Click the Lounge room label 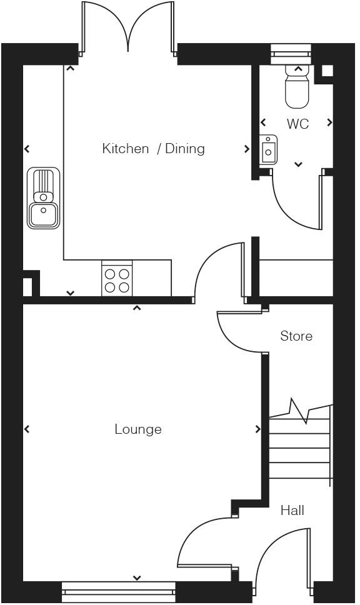coord(137,429)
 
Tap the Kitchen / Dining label coord(153,149)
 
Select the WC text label coord(297,124)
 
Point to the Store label coord(296,336)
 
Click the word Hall coord(292,511)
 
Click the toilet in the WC coord(297,86)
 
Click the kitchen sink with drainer coord(43,198)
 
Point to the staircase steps coord(300,444)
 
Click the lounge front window coord(119,591)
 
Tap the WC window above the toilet coord(291,54)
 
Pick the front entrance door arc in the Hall coord(266,548)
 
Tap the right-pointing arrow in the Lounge coord(257,429)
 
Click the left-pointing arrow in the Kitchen coord(27,149)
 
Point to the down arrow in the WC coord(298,164)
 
